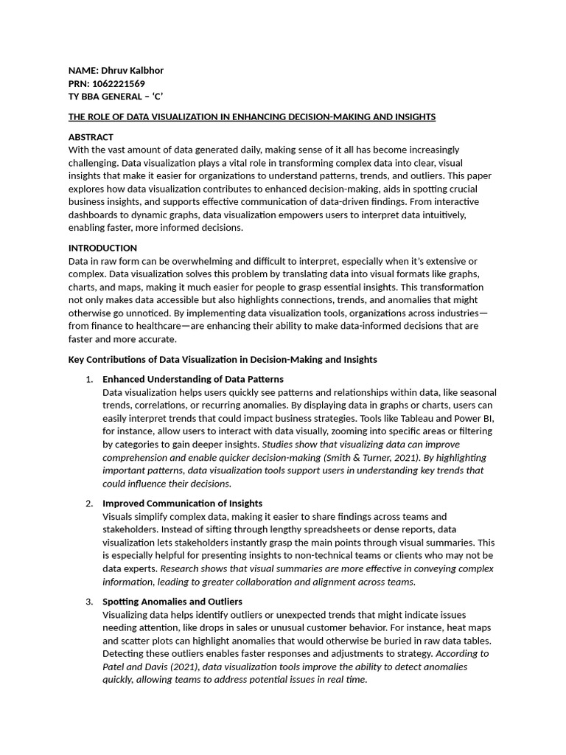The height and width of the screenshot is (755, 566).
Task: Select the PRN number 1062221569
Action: tap(119, 83)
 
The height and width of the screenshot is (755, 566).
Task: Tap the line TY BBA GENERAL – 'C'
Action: tap(116, 97)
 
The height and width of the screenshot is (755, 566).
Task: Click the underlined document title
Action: tap(251, 116)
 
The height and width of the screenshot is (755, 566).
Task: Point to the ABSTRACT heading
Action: tap(91, 137)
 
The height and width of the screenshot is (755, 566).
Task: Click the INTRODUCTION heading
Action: tap(102, 248)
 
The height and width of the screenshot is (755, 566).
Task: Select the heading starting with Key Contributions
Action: tap(222, 359)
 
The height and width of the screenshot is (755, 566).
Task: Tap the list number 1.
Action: tap(88, 379)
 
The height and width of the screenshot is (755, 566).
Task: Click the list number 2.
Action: tap(88, 503)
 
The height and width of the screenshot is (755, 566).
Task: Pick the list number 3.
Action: tap(88, 602)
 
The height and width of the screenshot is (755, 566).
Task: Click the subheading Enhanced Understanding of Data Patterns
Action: tap(192, 379)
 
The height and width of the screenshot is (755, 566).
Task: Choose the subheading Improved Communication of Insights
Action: tap(182, 503)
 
